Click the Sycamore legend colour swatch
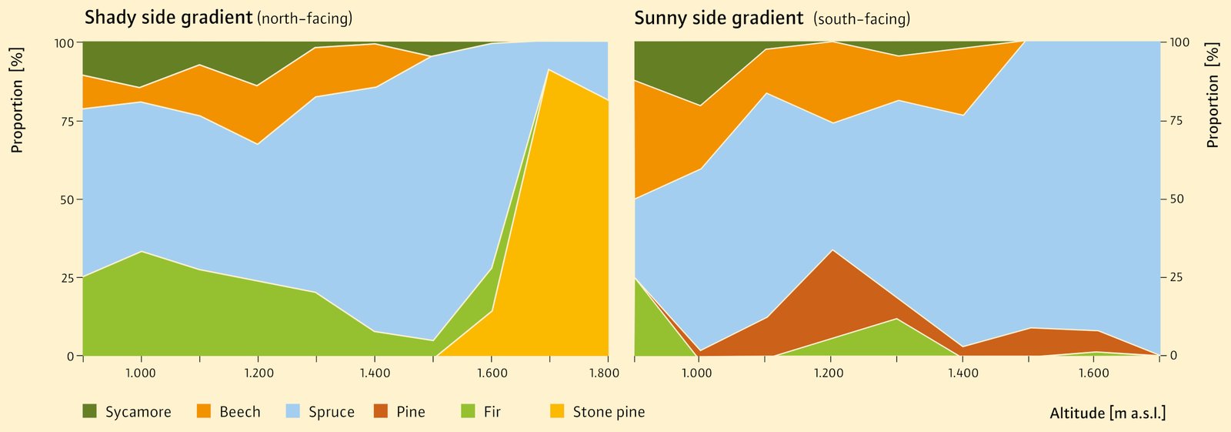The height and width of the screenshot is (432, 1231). click(90, 412)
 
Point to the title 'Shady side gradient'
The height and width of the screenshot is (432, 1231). click(168, 18)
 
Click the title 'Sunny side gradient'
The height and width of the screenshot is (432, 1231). click(719, 18)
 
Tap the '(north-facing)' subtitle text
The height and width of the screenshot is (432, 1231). click(305, 18)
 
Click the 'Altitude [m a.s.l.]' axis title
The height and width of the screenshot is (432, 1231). click(1107, 414)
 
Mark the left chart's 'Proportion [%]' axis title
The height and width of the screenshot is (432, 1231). click(17, 100)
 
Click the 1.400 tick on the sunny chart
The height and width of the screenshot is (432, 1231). click(962, 373)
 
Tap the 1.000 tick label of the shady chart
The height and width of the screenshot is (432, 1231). click(141, 373)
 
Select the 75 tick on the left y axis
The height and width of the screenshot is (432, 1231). click(68, 121)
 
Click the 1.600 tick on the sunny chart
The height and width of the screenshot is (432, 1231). click(1093, 373)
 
